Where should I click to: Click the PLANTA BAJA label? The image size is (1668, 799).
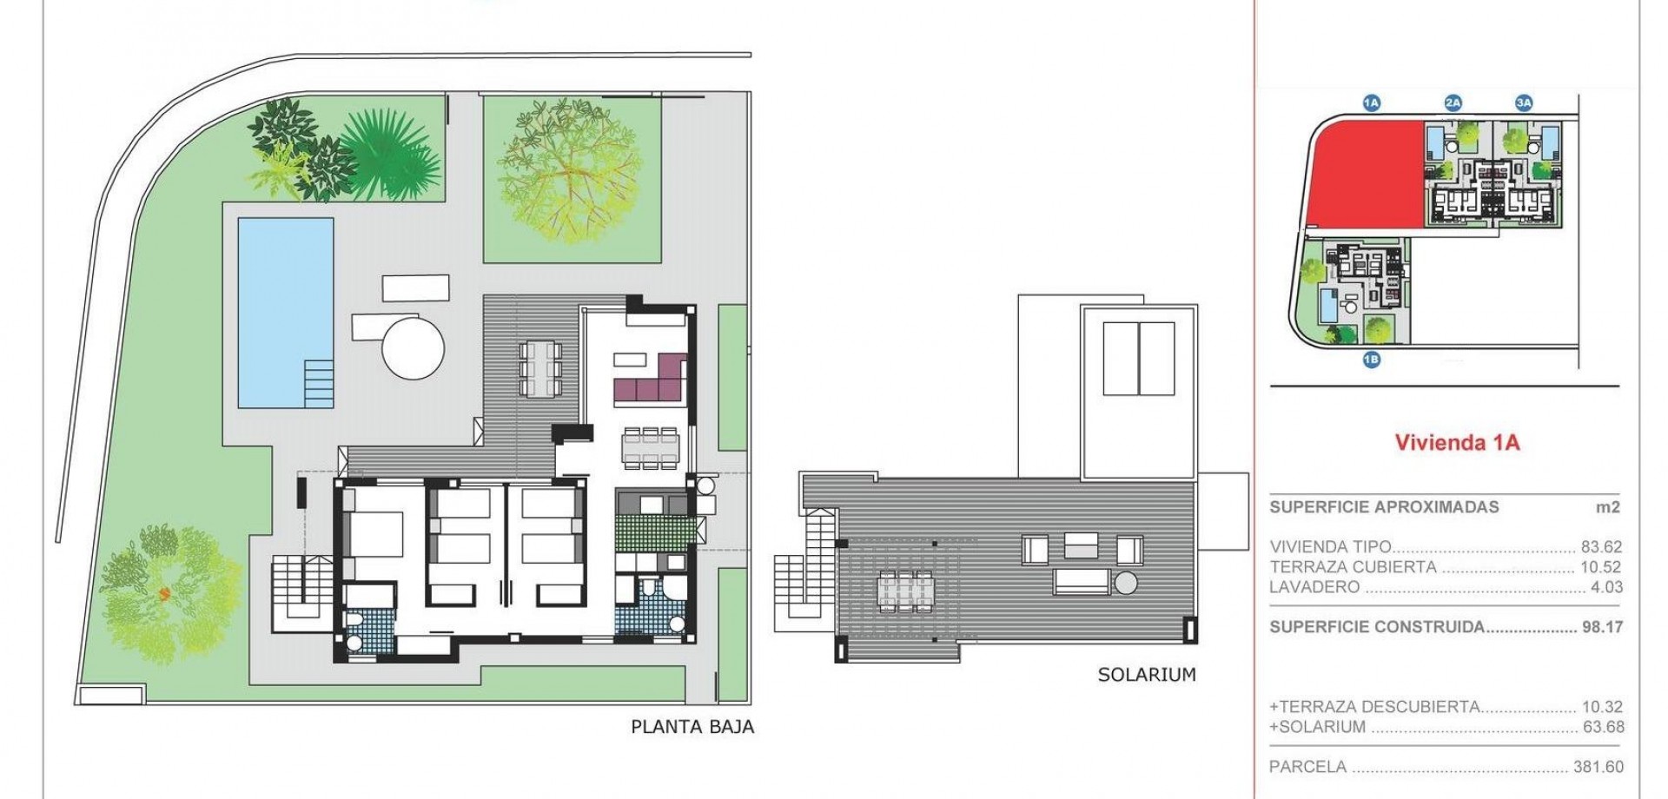692,727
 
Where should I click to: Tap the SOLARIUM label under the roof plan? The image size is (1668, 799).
1147,675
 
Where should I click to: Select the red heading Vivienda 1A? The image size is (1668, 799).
1457,443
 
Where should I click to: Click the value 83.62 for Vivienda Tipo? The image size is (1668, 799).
1601,547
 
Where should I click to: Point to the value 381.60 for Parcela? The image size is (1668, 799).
1598,768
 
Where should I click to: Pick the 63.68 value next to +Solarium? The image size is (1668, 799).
1603,728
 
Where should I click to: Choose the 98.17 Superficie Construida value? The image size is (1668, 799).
1602,627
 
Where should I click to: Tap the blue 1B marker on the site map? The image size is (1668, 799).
1371,360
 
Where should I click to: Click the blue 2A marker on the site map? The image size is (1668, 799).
1453,103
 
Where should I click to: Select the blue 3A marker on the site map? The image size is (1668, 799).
1524,103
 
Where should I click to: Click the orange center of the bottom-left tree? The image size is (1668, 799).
162,594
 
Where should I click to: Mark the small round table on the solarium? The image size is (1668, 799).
1126,583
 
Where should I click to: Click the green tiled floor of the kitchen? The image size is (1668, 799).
655,531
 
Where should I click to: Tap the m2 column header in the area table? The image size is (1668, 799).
1608,507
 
